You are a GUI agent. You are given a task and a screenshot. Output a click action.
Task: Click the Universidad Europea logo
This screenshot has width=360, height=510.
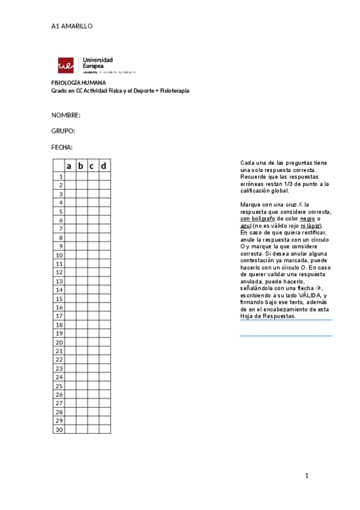(85, 65)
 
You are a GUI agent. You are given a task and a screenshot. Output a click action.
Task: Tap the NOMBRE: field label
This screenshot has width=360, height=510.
(66, 115)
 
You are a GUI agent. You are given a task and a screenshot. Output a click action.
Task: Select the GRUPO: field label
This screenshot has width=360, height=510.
(63, 131)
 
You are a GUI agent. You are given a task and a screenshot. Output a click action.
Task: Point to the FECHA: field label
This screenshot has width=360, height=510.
(62, 147)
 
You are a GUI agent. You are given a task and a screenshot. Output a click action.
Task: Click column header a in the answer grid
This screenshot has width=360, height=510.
(69, 166)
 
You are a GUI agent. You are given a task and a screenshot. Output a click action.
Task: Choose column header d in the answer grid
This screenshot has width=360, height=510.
(105, 166)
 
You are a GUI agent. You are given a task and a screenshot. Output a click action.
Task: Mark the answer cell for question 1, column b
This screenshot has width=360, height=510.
(81, 176)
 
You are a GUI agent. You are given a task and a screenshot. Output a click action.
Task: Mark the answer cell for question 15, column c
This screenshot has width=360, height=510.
(93, 299)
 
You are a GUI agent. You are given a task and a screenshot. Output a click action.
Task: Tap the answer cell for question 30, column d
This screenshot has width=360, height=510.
(105, 429)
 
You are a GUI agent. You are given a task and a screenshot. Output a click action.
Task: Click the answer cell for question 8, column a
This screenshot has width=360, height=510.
(69, 238)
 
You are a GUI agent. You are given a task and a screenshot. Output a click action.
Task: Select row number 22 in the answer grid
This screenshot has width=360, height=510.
(59, 360)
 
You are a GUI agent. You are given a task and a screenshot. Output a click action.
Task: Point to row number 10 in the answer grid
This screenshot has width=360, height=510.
(59, 255)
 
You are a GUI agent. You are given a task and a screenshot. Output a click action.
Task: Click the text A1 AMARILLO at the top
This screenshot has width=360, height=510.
(72, 26)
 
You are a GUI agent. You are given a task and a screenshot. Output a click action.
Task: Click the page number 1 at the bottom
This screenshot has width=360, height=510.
(307, 476)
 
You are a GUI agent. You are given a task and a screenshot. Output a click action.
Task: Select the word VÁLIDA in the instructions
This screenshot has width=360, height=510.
(310, 295)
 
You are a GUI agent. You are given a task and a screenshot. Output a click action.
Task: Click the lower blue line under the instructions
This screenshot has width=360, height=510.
(286, 336)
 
